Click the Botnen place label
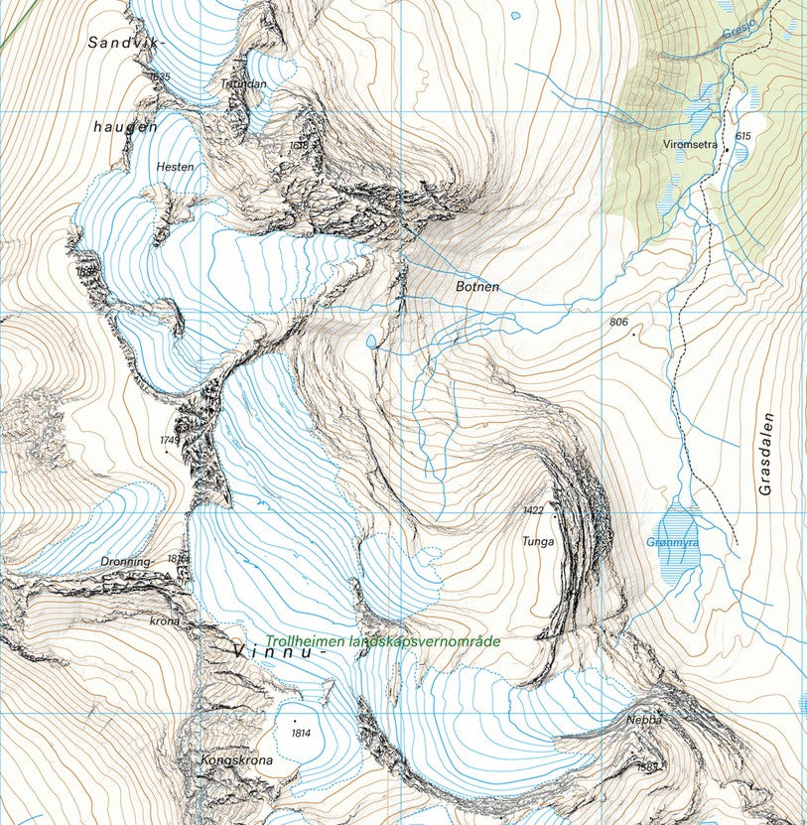click(x=476, y=287)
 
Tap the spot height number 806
click(x=619, y=323)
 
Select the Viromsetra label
click(x=690, y=144)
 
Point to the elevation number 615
click(x=743, y=136)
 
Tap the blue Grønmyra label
click(x=672, y=543)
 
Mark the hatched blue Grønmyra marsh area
click(x=679, y=561)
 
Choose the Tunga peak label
click(x=538, y=542)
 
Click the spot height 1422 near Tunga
click(x=534, y=509)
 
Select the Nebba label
click(x=643, y=719)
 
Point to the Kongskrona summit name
click(x=230, y=761)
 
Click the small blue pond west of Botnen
click(x=371, y=342)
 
